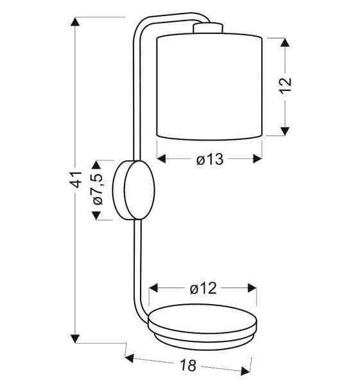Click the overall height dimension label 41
click(x=75, y=180)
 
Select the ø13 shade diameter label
click(x=210, y=159)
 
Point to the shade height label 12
click(x=286, y=85)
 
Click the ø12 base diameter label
click(x=203, y=288)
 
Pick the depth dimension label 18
click(x=189, y=365)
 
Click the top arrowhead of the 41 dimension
click(x=75, y=22)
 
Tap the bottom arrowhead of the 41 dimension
click(x=75, y=339)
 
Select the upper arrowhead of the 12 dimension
click(x=285, y=42)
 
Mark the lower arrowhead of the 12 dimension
click(x=285, y=131)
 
